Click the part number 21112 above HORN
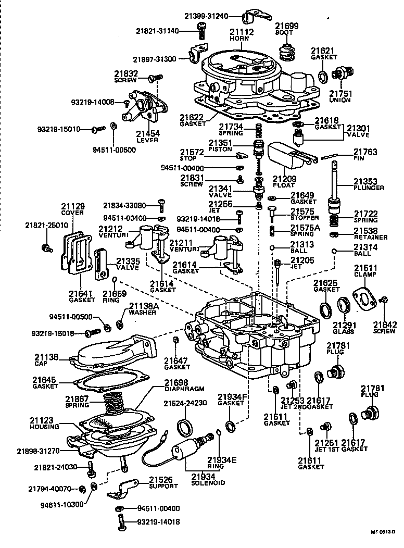(x=242, y=32)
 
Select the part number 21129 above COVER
(x=72, y=206)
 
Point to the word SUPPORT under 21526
(x=163, y=486)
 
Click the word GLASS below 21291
(x=344, y=331)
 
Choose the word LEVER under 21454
(x=147, y=140)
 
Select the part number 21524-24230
(x=185, y=403)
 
